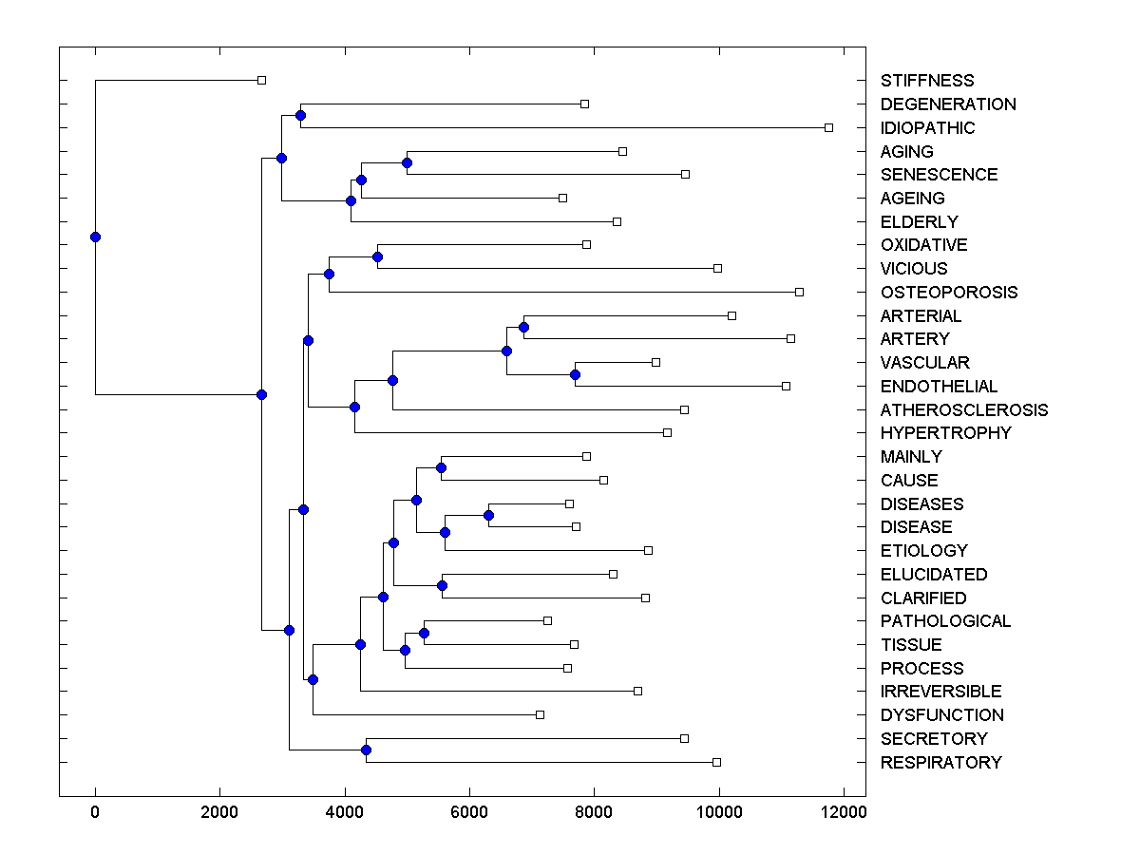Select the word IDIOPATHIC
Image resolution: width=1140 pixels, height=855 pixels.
coord(927,128)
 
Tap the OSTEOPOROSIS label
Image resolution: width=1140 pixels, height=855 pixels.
coord(948,293)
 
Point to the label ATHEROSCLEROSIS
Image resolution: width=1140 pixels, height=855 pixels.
coord(963,410)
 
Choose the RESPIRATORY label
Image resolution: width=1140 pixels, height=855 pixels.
coord(940,763)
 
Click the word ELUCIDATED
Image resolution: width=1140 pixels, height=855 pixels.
coord(933,575)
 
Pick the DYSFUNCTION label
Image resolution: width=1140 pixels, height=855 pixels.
coord(941,715)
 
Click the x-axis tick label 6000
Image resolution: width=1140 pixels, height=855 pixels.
coord(469,811)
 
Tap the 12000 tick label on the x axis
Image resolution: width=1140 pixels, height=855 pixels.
coord(844,811)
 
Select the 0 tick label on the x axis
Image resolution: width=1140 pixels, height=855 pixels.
coord(95,811)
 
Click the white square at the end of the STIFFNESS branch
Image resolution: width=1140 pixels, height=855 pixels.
coord(262,81)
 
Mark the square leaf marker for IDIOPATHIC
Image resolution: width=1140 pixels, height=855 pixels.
coord(828,127)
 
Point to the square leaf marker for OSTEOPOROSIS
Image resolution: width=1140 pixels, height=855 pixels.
coord(799,292)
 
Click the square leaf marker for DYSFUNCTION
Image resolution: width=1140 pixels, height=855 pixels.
coord(540,714)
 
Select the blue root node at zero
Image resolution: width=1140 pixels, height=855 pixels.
coord(95,237)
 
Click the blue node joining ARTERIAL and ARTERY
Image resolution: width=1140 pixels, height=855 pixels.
coord(523,327)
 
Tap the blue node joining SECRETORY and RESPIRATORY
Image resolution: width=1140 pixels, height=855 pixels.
coord(366,750)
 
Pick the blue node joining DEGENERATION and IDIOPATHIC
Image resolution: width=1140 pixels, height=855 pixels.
coord(300,115)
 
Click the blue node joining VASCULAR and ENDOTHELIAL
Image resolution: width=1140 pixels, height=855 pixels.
coord(575,374)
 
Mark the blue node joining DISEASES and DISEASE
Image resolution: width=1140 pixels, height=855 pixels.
coord(488,515)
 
